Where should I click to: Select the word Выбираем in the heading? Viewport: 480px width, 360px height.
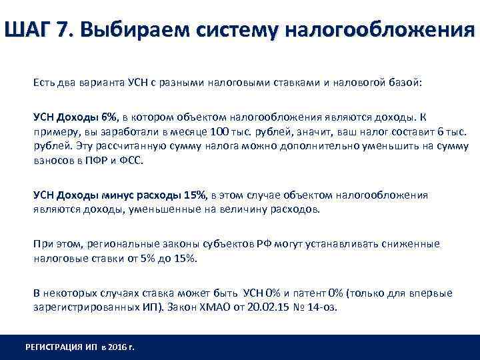[x=142, y=31]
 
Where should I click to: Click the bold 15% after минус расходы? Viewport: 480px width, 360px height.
[x=195, y=195]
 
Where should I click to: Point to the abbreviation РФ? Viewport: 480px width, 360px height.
[x=262, y=245]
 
